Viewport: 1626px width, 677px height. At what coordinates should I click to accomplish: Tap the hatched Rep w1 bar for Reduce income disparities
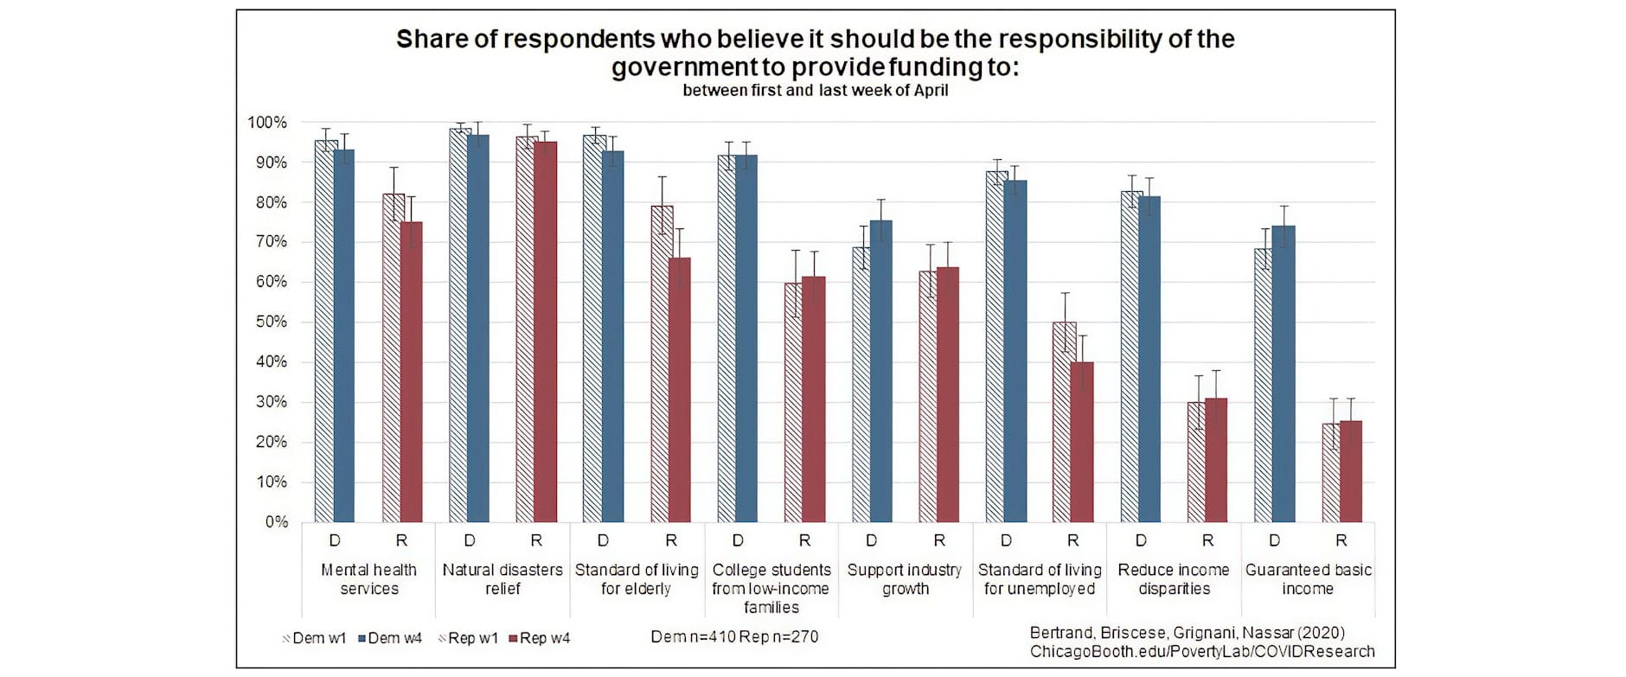point(1196,462)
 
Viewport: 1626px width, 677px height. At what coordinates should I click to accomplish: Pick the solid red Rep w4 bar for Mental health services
point(412,372)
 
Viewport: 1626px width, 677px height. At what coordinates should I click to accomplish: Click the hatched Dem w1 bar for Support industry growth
point(861,385)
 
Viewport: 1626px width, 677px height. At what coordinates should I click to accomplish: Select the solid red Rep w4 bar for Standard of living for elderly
point(680,390)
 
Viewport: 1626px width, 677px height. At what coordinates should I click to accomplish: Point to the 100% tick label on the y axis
point(267,123)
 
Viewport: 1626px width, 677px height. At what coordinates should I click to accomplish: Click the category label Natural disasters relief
point(503,579)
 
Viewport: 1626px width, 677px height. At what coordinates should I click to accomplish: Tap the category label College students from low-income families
point(771,588)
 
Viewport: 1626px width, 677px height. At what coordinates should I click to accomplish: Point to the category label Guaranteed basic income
point(1308,579)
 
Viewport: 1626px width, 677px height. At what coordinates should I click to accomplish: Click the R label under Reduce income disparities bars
point(1207,540)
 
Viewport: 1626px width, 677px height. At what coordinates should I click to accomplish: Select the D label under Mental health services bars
point(335,540)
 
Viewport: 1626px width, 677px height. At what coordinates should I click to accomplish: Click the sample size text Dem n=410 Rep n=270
point(734,637)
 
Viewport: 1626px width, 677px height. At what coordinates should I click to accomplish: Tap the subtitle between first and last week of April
point(815,91)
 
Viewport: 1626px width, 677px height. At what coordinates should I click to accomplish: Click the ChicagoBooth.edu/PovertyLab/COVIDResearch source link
point(1201,652)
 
